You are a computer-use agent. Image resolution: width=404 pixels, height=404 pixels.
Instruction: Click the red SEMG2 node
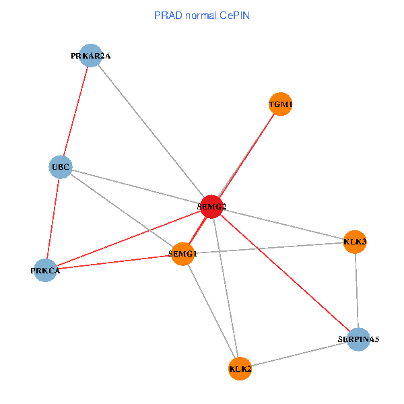coord(211,206)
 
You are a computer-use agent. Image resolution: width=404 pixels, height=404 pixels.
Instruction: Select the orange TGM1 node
coord(280,104)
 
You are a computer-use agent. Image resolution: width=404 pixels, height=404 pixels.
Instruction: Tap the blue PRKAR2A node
coord(90,56)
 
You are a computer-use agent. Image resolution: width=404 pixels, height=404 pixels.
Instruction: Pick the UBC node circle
coord(61,166)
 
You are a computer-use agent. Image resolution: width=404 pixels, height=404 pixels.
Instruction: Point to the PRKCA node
coord(45,270)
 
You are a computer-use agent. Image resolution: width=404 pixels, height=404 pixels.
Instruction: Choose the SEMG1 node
coord(182,254)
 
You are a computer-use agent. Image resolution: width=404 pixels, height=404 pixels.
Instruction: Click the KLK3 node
coord(354,241)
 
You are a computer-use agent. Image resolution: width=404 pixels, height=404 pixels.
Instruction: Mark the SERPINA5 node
coord(359,339)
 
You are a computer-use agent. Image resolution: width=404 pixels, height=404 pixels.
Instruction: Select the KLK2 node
coord(240,368)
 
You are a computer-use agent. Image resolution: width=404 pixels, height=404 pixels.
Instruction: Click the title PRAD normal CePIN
coord(202,15)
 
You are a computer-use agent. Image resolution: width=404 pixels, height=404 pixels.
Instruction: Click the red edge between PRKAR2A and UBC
coord(75,111)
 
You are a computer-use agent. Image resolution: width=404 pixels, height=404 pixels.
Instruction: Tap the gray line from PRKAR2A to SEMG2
coord(151,131)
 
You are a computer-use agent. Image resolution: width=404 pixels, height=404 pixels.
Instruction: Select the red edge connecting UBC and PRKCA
coord(53,218)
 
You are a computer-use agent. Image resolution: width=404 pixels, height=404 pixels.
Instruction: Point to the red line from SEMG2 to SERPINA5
coord(285,273)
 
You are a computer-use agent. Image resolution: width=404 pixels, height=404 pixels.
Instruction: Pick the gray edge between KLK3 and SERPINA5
coord(356,290)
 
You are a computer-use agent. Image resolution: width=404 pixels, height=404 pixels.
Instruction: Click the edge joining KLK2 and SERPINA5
coord(299,353)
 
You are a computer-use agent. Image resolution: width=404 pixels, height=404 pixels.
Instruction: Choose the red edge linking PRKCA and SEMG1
coord(114,262)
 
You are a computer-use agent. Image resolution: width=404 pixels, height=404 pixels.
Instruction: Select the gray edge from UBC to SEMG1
coord(121,210)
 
